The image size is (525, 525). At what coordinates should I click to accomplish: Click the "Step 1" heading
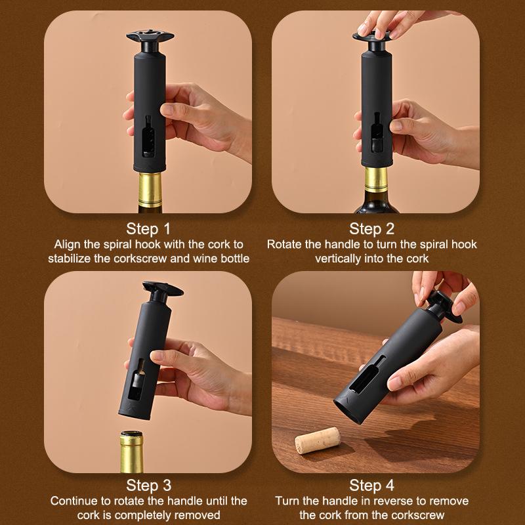pyautogui.click(x=148, y=229)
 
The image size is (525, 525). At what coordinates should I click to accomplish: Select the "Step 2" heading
pyautogui.click(x=371, y=229)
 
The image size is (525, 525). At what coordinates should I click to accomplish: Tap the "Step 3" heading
pyautogui.click(x=148, y=485)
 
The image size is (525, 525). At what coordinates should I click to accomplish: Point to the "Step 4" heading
pyautogui.click(x=371, y=485)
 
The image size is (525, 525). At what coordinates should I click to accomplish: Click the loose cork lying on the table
pyautogui.click(x=317, y=440)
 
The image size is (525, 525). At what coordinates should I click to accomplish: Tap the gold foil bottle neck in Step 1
pyautogui.click(x=150, y=189)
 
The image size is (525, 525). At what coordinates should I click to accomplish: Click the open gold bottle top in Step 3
pyautogui.click(x=132, y=451)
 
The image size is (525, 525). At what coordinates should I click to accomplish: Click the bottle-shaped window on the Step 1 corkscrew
pyautogui.click(x=148, y=136)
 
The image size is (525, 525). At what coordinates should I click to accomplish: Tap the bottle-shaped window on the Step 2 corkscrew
pyautogui.click(x=377, y=133)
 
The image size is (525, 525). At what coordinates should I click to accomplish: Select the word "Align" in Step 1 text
pyautogui.click(x=67, y=244)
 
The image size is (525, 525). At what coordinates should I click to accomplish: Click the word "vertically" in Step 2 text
pyautogui.click(x=338, y=259)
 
